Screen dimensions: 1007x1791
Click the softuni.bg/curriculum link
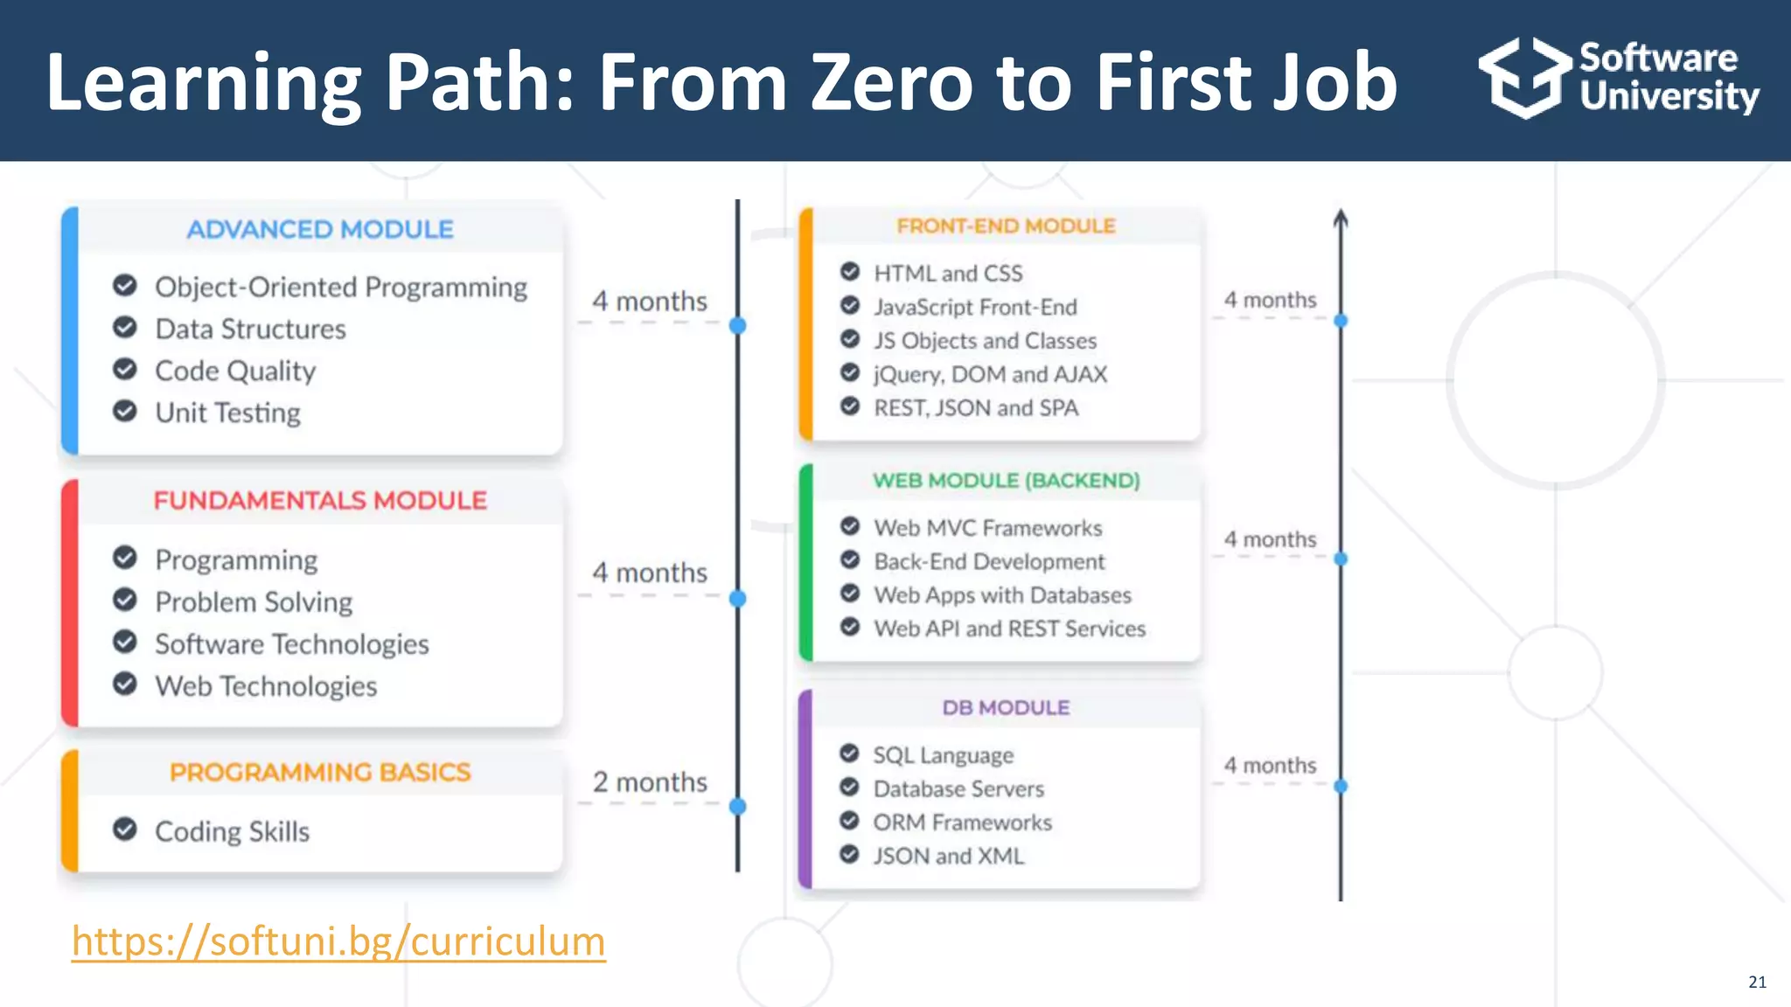pyautogui.click(x=338, y=941)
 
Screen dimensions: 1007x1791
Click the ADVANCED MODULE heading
pyautogui.click(x=320, y=230)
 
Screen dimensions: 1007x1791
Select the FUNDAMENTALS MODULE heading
pyautogui.click(x=320, y=501)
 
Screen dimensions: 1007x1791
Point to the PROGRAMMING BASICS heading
pyautogui.click(x=320, y=773)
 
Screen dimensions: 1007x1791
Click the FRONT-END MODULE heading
pyautogui.click(x=1006, y=226)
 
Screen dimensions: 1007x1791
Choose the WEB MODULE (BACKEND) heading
pyautogui.click(x=1006, y=481)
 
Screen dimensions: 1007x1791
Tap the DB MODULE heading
pyautogui.click(x=1006, y=708)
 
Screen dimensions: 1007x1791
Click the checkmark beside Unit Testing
pyautogui.click(x=125, y=411)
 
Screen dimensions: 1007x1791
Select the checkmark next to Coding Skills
pyautogui.click(x=125, y=829)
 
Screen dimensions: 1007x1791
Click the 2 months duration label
pyautogui.click(x=650, y=782)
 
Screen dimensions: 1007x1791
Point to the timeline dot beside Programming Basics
pyautogui.click(x=738, y=806)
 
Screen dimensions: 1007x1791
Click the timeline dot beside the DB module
pyautogui.click(x=1341, y=786)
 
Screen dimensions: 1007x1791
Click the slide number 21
pyautogui.click(x=1757, y=983)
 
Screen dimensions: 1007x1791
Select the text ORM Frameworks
pyautogui.click(x=962, y=823)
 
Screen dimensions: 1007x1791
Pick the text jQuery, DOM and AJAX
pyautogui.click(x=990, y=375)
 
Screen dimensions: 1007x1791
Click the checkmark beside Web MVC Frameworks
pyautogui.click(x=850, y=526)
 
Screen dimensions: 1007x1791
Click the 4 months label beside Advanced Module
pyautogui.click(x=650, y=302)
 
